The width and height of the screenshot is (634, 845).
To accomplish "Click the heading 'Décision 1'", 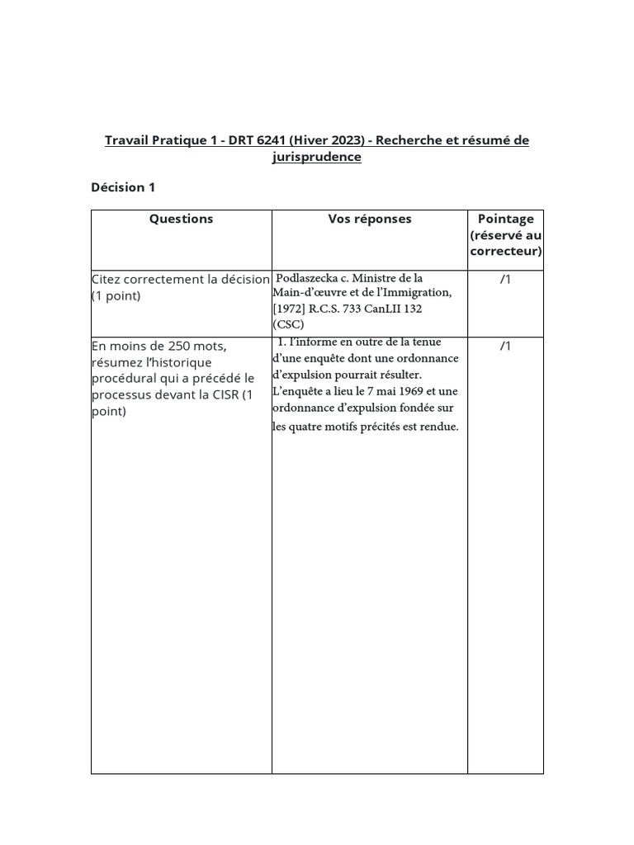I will click(123, 187).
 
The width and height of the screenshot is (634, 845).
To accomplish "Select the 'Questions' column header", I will click(181, 219).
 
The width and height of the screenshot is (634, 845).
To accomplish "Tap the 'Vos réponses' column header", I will click(370, 219).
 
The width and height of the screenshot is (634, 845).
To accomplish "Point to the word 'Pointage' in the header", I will click(506, 219).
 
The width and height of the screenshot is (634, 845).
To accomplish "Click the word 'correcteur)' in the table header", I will click(506, 252).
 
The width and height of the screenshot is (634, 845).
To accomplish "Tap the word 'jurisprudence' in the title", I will click(317, 157).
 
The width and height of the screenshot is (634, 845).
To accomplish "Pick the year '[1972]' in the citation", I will click(289, 308).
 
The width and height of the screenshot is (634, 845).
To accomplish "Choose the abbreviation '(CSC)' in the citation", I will click(289, 323).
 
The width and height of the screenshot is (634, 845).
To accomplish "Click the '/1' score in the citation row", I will click(506, 279).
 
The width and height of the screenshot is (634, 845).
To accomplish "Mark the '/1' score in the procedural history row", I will click(506, 346).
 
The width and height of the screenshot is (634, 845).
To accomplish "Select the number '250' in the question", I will click(182, 346).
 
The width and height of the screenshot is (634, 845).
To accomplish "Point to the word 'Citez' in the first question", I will click(107, 279).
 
